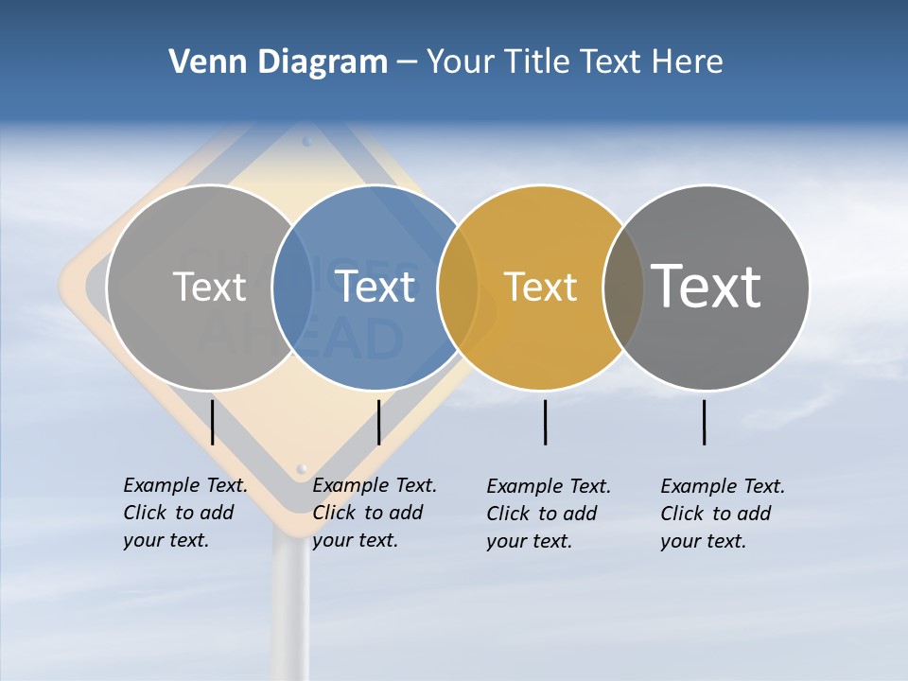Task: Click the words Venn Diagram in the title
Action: [278, 62]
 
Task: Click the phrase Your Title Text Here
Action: [574, 62]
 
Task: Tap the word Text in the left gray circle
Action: [209, 287]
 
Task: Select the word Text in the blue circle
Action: [375, 287]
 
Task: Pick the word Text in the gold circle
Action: [540, 287]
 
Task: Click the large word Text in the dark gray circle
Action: [707, 286]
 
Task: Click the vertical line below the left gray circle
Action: [213, 422]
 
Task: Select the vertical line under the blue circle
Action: [378, 422]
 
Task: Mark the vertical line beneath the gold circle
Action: [546, 422]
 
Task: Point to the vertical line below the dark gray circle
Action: [705, 422]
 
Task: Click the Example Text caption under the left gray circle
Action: [185, 513]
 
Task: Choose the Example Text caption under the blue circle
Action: [375, 513]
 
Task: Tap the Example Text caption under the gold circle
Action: [549, 514]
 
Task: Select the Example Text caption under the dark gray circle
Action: [723, 514]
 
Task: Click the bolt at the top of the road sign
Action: [306, 142]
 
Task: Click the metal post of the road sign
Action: [290, 605]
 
